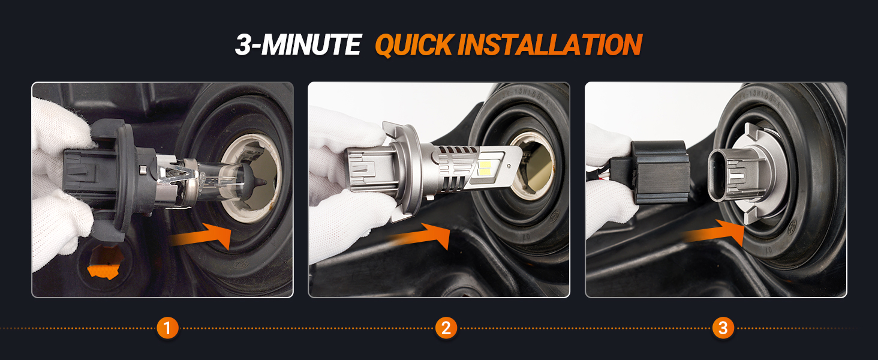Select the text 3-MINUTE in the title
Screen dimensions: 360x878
click(297, 45)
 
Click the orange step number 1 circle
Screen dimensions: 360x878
click(167, 328)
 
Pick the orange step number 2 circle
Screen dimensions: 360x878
click(446, 328)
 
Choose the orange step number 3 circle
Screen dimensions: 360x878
click(723, 328)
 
